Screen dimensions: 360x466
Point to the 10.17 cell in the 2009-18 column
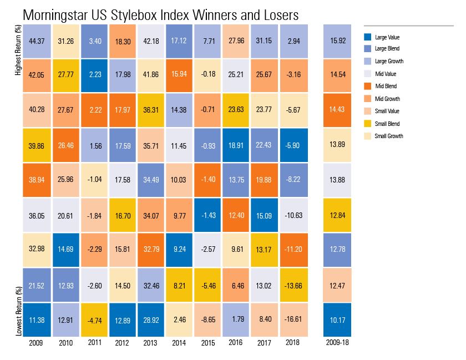click(x=338, y=321)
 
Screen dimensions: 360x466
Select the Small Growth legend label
click(x=388, y=136)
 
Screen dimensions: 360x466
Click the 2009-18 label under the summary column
click(x=338, y=343)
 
